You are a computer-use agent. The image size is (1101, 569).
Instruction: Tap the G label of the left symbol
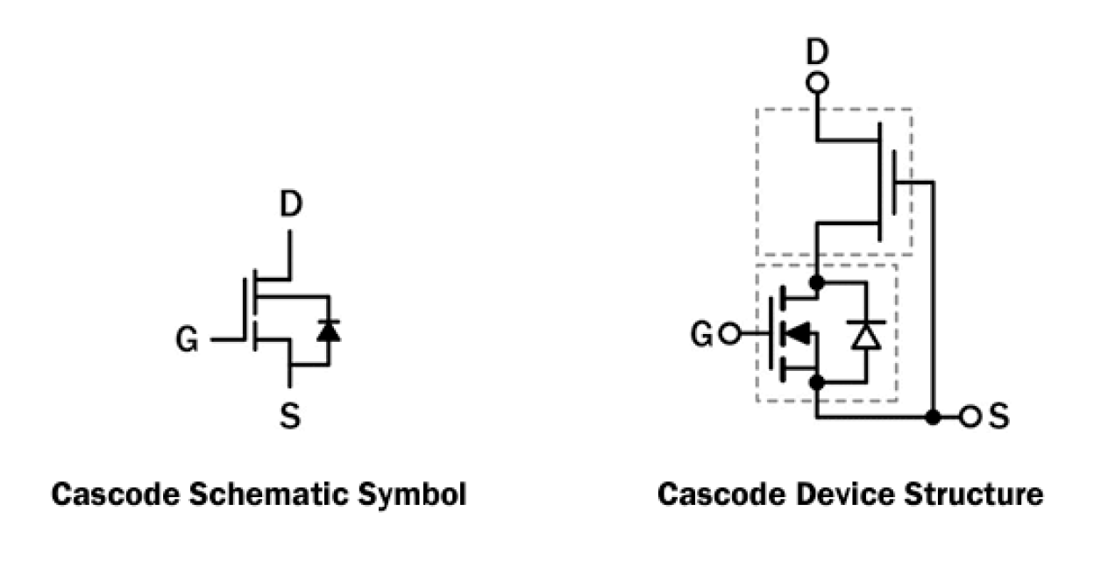(x=187, y=339)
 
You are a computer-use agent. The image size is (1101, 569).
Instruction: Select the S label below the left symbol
(x=290, y=416)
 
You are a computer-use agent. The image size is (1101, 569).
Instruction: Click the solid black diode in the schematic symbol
(x=329, y=331)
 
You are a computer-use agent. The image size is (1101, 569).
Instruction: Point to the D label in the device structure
(x=816, y=53)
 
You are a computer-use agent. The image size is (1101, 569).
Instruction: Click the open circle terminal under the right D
(x=816, y=84)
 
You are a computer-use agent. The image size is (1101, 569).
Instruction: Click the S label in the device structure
(x=998, y=417)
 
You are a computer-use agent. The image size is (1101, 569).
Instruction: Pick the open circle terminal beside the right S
(x=969, y=417)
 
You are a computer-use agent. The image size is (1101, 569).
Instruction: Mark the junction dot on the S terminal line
(x=934, y=417)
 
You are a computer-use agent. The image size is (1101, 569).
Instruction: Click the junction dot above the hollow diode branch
(x=816, y=282)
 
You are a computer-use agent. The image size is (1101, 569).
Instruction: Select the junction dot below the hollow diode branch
(x=816, y=382)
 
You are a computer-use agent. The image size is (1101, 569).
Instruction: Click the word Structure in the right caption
(x=975, y=495)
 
